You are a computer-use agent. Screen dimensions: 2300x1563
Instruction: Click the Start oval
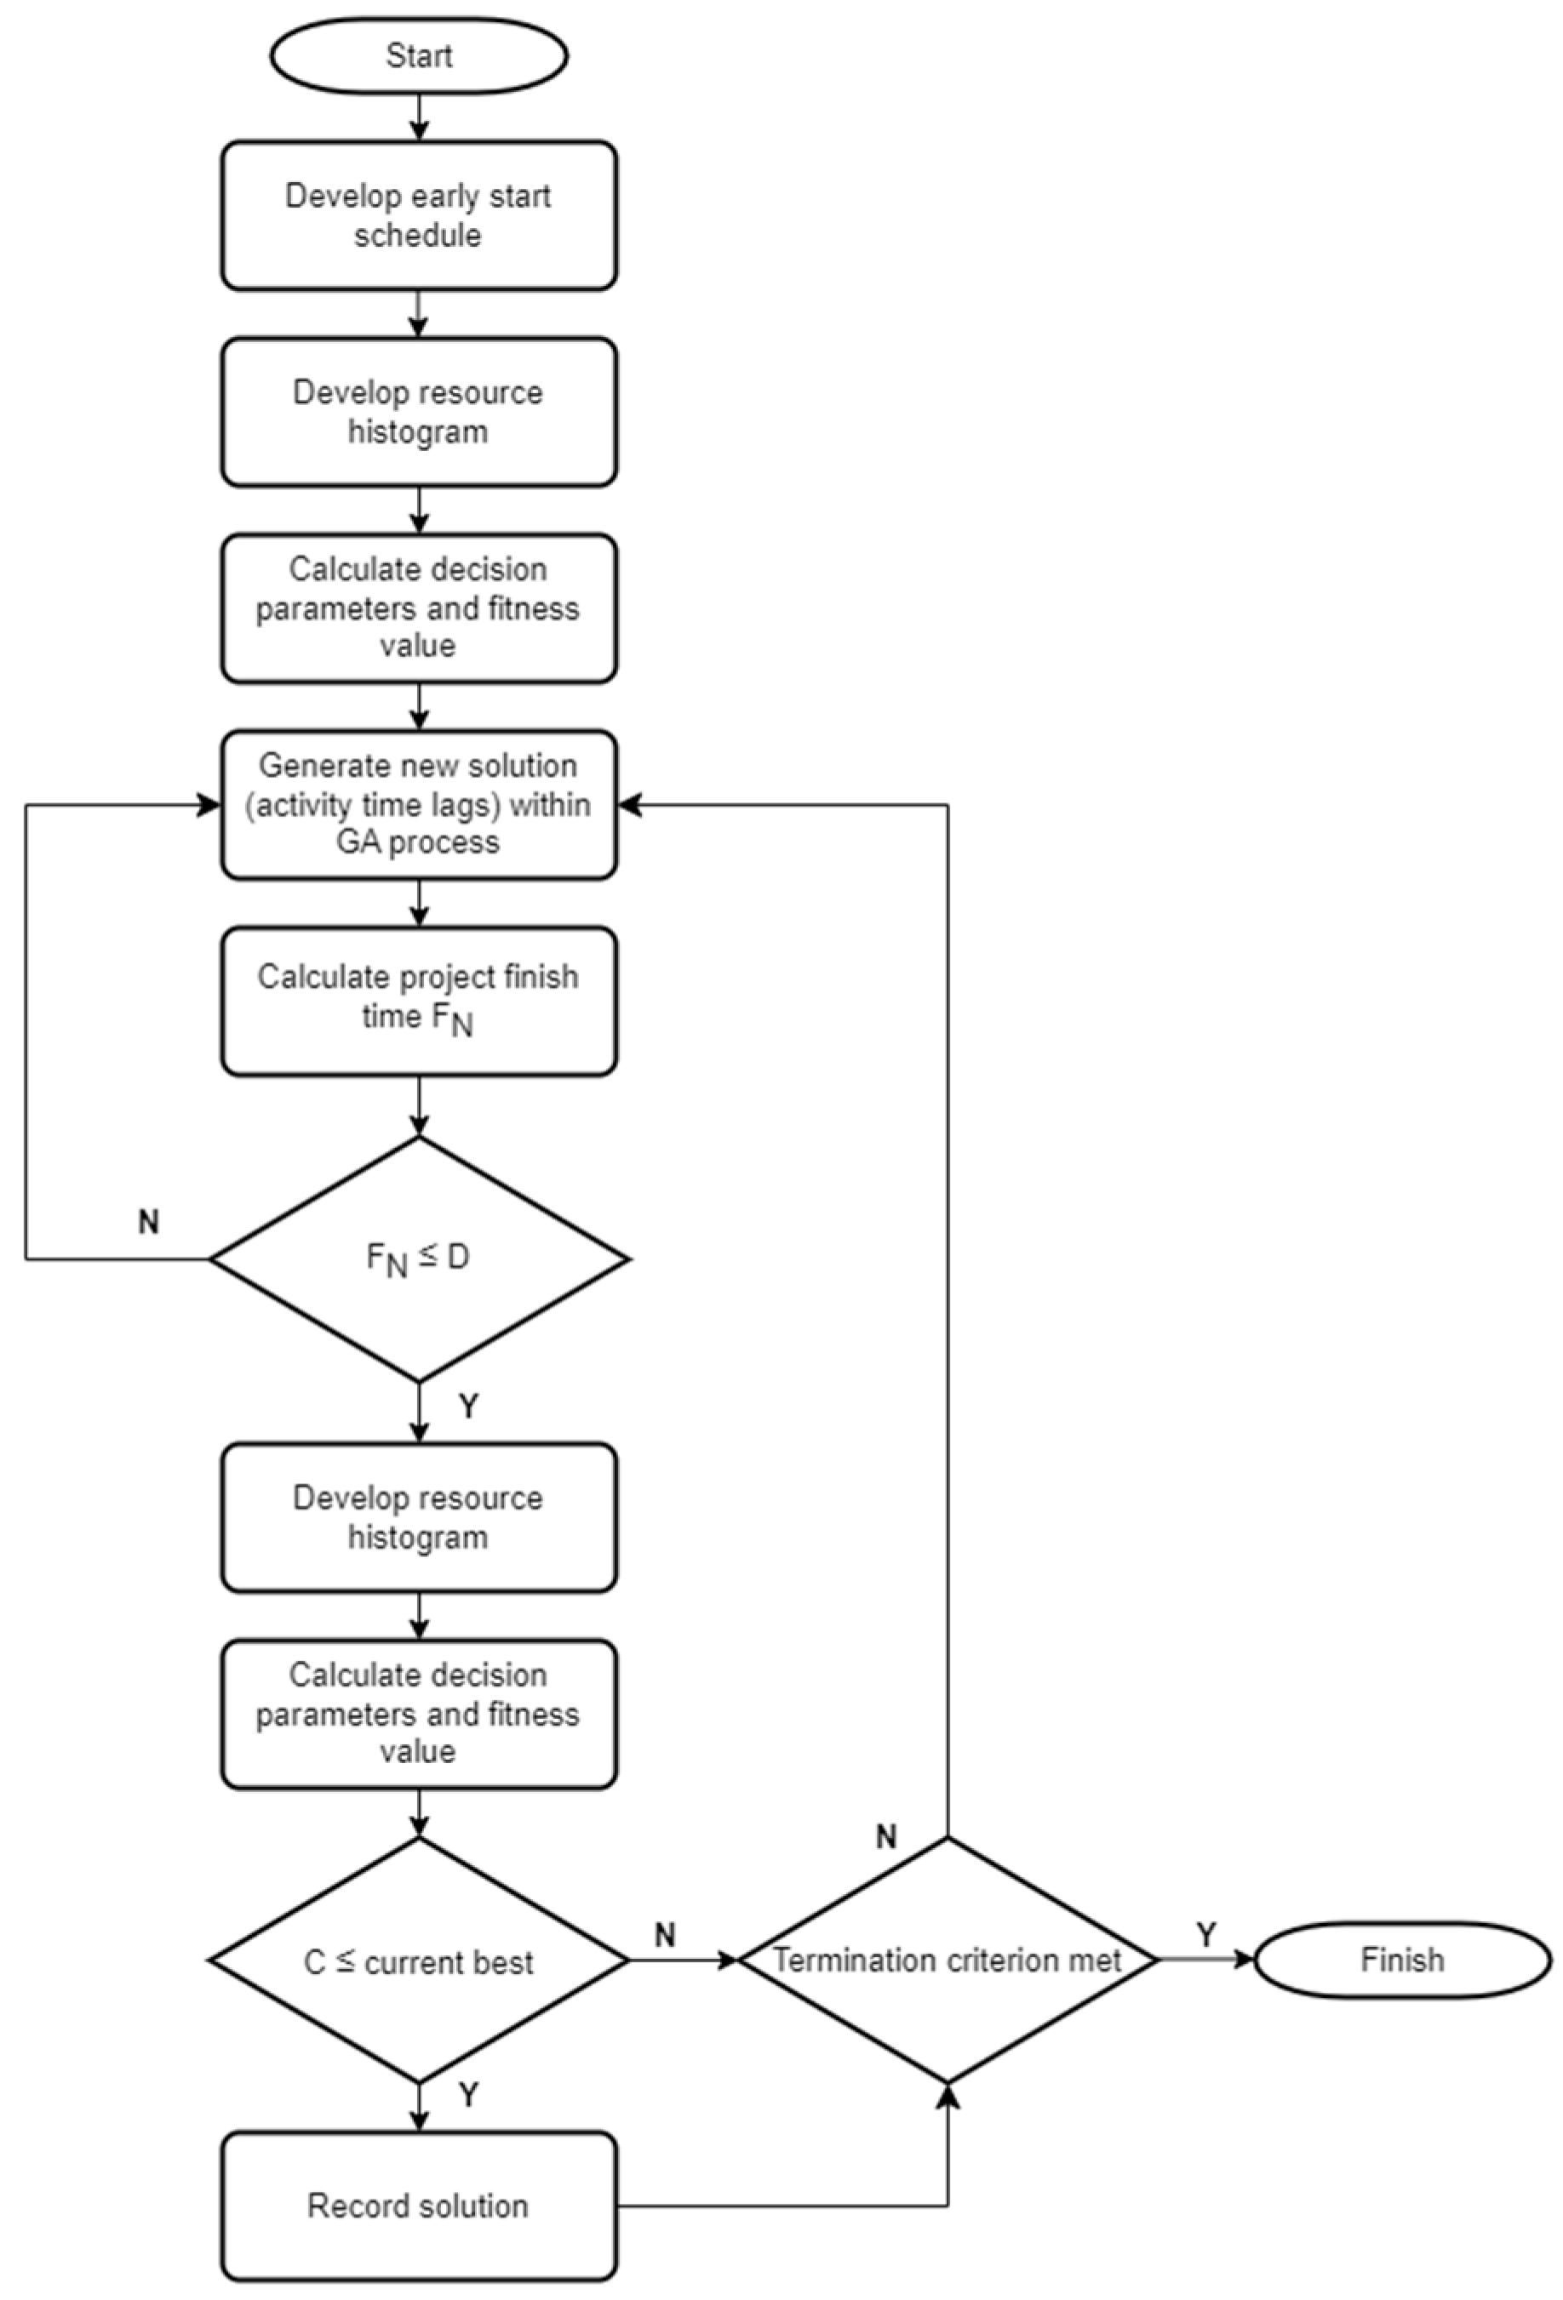(419, 55)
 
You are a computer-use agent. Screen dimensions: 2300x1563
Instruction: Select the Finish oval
(1401, 1960)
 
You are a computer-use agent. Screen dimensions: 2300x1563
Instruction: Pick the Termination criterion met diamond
(948, 1960)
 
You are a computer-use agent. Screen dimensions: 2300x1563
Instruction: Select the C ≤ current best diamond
(419, 1961)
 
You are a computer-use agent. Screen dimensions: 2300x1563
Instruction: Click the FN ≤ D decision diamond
(419, 1258)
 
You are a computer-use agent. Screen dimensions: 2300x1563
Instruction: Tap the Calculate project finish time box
(419, 1001)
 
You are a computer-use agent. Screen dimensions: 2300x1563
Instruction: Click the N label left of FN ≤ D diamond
(148, 1222)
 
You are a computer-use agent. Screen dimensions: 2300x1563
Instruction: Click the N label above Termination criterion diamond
(887, 1838)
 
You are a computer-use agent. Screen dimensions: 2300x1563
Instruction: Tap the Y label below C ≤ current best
(468, 2094)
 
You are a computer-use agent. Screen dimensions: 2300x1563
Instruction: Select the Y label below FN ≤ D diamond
(468, 1406)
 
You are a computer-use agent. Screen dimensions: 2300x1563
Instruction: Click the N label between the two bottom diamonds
(665, 1935)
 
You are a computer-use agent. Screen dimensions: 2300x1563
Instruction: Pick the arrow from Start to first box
(419, 117)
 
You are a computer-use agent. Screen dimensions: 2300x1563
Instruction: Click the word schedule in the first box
(418, 236)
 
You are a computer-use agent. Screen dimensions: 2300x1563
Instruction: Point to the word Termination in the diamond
(840, 1960)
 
